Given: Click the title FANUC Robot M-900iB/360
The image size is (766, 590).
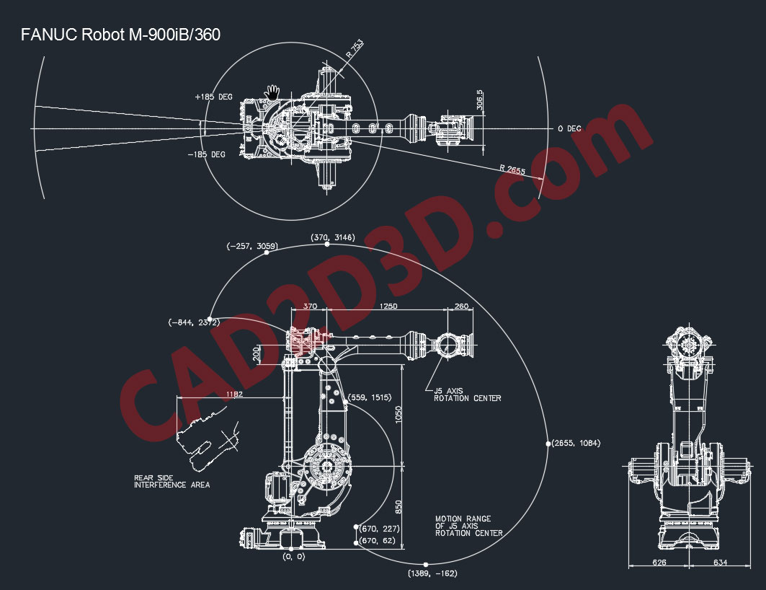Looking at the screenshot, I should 120,34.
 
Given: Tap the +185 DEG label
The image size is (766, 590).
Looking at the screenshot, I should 213,96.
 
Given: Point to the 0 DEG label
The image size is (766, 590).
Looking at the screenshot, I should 569,128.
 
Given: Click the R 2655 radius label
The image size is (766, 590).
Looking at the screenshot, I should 512,169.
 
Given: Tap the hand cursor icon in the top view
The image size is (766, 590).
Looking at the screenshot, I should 272,92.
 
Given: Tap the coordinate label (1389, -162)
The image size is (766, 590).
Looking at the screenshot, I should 432,573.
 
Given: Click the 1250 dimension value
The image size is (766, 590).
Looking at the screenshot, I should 388,307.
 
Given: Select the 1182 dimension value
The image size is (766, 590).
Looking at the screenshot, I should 234,395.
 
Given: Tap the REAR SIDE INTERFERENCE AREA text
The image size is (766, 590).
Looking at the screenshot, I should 172,481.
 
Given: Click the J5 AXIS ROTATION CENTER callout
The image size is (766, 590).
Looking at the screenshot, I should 467,395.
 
